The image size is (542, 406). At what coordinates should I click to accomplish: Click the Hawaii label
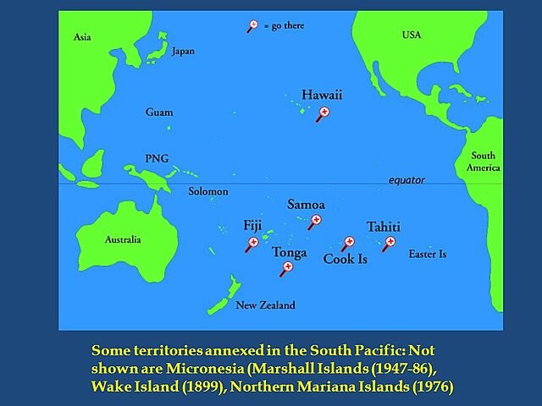tap(321, 95)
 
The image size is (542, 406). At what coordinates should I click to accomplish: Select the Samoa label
tap(306, 204)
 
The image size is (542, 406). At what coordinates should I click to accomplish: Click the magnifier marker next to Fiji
tap(252, 244)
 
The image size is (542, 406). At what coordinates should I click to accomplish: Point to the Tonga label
tap(290, 252)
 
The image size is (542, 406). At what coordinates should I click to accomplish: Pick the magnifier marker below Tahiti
tap(390, 242)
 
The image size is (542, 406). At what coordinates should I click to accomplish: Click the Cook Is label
tap(346, 260)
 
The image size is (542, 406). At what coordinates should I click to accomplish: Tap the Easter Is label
tap(427, 254)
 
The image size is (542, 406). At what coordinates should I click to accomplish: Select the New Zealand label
tap(265, 305)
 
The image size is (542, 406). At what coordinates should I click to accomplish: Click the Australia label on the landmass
tap(123, 239)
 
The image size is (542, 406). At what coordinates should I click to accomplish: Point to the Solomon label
tap(208, 191)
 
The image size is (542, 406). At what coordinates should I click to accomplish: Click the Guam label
tap(159, 112)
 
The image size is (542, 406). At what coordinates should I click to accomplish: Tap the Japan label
tap(183, 51)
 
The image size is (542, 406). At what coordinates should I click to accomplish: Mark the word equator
tap(406, 180)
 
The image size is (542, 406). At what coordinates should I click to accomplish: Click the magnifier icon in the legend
tap(252, 25)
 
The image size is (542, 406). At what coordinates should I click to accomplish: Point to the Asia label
tap(82, 37)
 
